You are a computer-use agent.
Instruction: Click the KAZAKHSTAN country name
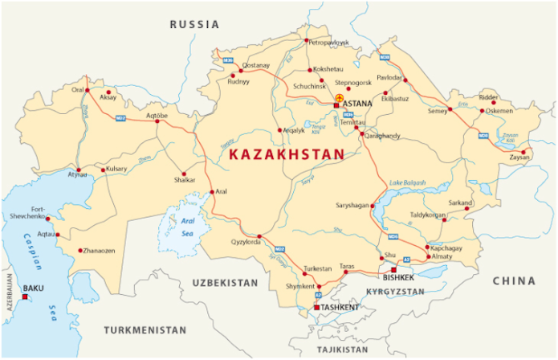point(286,153)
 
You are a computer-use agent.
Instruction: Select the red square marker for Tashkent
point(316,307)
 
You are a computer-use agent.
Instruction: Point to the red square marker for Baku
point(25,297)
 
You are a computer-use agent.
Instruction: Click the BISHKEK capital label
point(398,277)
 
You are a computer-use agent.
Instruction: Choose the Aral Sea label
point(187,226)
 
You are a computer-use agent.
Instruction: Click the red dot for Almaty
point(428,256)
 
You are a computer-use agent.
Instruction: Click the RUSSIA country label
point(194,25)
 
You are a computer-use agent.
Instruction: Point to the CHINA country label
point(514,281)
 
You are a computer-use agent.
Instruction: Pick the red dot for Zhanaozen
point(80,251)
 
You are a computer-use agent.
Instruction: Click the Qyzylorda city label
point(245,242)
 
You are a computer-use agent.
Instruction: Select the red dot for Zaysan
point(523,151)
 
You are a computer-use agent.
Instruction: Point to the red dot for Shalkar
point(184,174)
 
